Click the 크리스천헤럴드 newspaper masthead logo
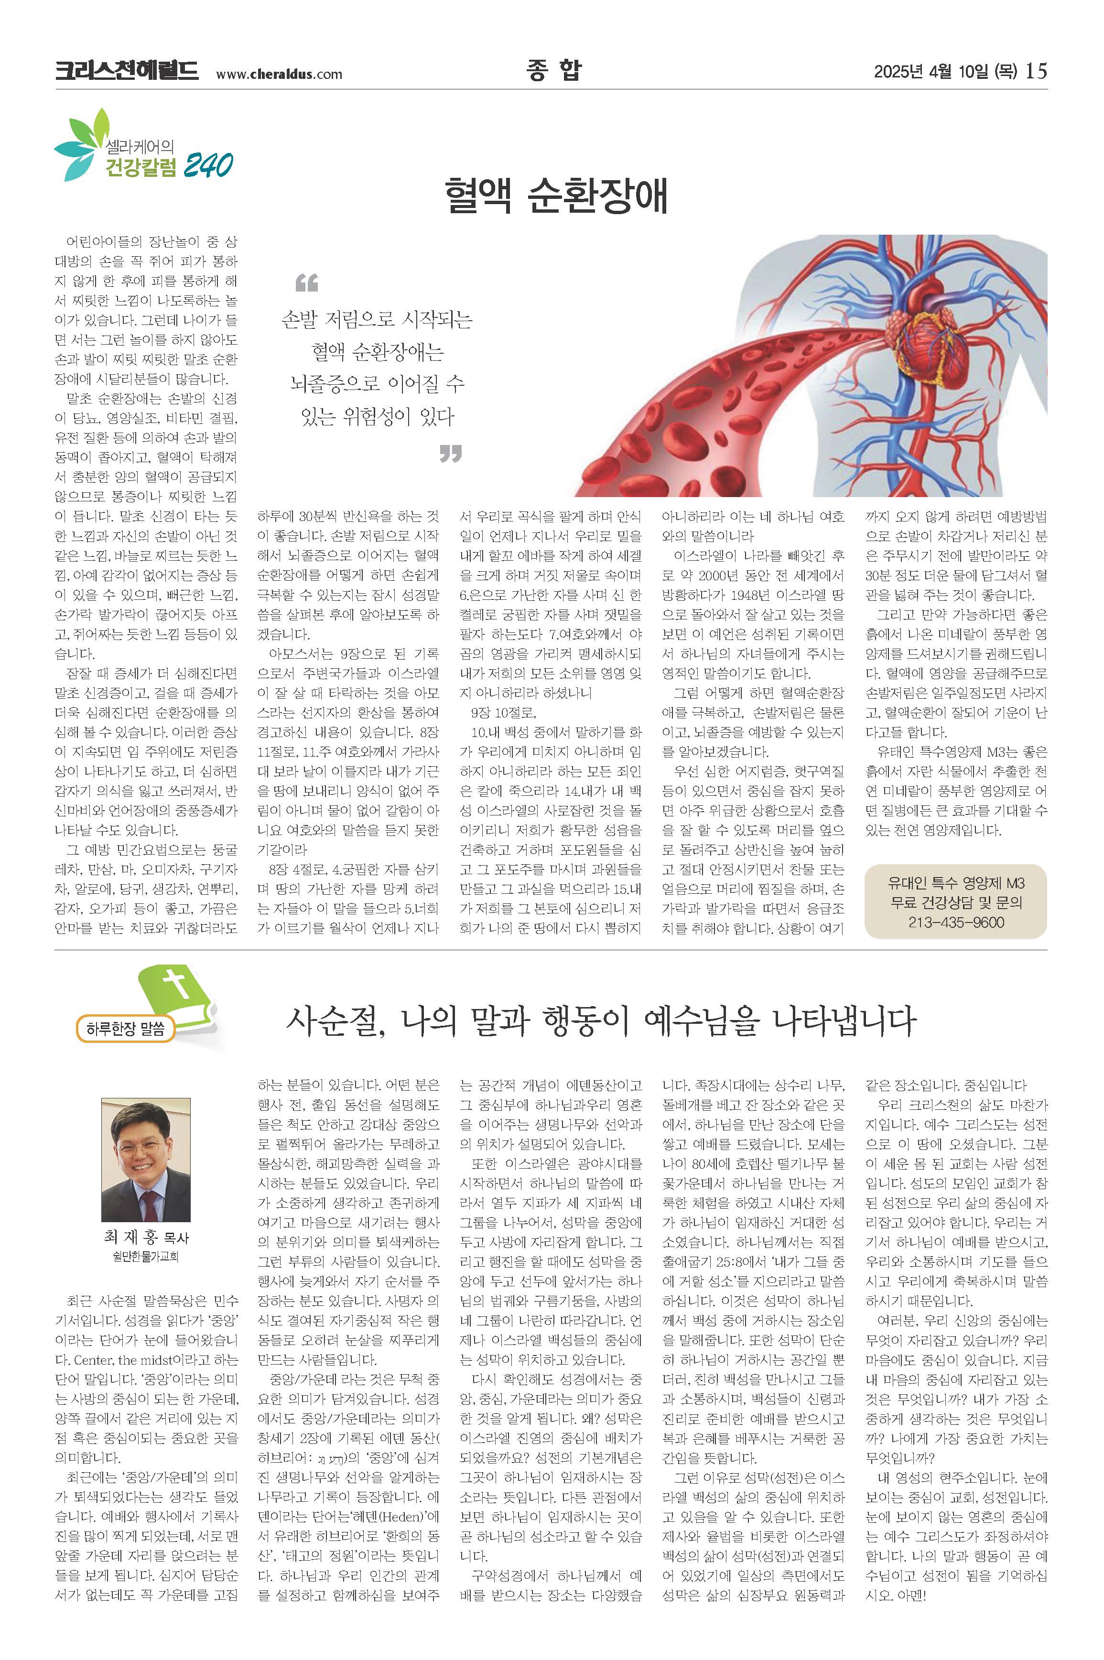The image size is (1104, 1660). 127,71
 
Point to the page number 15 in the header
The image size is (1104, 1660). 1037,71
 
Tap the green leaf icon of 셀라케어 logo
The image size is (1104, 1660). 81,144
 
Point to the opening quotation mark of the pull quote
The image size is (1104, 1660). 306,283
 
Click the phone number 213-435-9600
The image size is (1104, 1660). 955,922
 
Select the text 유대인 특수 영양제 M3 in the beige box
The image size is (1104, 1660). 955,883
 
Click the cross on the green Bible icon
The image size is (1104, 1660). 177,984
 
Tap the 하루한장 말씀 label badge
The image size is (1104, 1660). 125,1029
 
